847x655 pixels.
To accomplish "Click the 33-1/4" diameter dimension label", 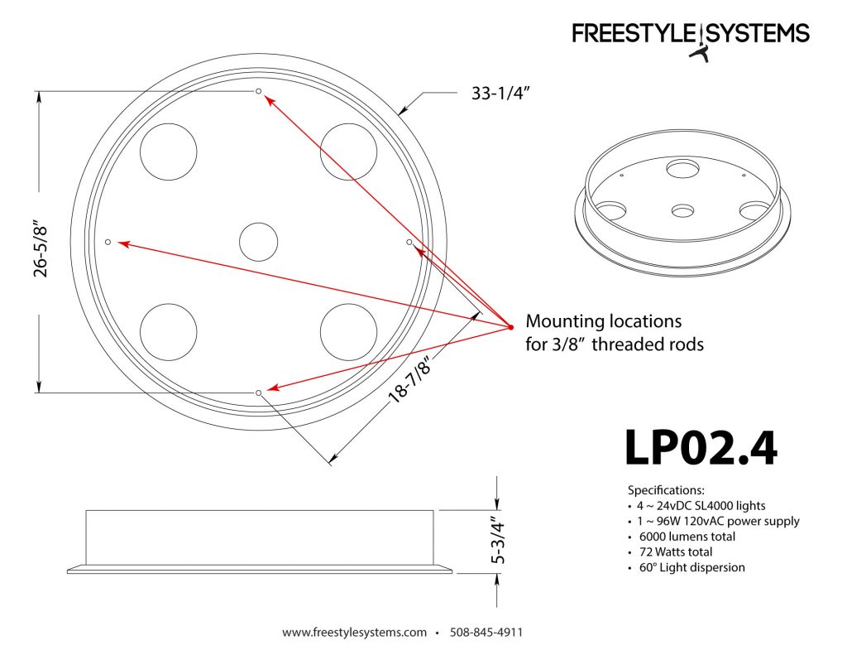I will click(500, 94).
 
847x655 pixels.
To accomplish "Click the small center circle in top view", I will click(259, 243).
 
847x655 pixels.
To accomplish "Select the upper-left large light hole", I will click(169, 151).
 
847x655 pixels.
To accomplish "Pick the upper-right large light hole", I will click(348, 151).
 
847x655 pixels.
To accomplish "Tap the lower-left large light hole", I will click(169, 332).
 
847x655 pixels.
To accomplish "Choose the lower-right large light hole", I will click(348, 332).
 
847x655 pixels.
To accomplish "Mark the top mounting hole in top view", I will click(259, 91).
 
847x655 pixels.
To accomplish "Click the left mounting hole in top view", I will click(108, 242).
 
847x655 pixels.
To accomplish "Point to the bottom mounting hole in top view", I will click(259, 392).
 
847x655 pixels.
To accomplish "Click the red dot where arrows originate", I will click(510, 329).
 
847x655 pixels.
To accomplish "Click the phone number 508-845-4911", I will click(486, 633).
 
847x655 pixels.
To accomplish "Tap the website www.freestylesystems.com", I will click(355, 633).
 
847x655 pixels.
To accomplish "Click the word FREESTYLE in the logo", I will click(635, 33).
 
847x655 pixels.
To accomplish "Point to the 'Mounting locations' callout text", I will click(604, 320).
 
